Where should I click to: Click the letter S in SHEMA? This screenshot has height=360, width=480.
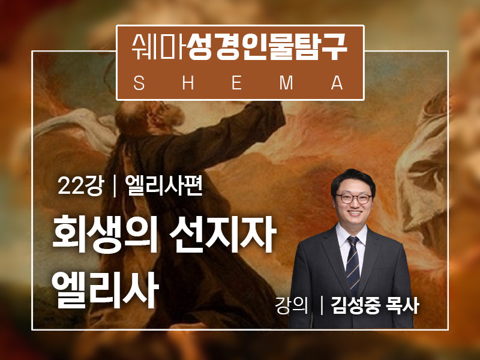click(139, 83)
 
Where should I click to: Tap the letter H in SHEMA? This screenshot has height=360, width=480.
click(188, 83)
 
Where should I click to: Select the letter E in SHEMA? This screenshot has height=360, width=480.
click(236, 83)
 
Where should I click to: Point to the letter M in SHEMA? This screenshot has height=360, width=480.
click(286, 83)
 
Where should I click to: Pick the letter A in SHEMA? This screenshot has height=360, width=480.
click(337, 83)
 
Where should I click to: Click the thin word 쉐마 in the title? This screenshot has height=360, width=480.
click(158, 47)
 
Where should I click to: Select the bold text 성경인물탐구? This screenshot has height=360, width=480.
click(267, 47)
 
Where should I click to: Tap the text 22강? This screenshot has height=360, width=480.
click(81, 186)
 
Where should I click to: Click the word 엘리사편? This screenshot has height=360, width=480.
click(164, 186)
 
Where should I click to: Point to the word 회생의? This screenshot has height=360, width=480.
click(105, 234)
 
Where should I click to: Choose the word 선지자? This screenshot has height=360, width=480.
click(223, 234)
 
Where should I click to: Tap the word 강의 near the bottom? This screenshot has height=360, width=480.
click(291, 305)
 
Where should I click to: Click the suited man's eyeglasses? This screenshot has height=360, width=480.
click(353, 199)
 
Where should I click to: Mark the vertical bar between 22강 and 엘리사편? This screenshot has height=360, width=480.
click(115, 187)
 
